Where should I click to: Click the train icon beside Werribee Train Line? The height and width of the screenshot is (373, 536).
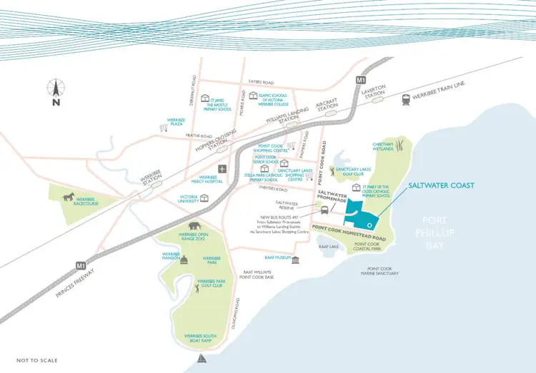pos(407,101)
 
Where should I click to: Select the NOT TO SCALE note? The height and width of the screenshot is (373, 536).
pos(38,360)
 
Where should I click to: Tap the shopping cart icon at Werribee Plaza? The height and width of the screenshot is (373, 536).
pos(163,128)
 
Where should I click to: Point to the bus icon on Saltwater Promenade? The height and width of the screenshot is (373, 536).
pos(325,210)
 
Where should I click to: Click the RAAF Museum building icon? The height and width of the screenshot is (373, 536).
pos(295,258)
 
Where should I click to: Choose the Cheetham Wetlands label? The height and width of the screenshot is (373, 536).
pos(383,145)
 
